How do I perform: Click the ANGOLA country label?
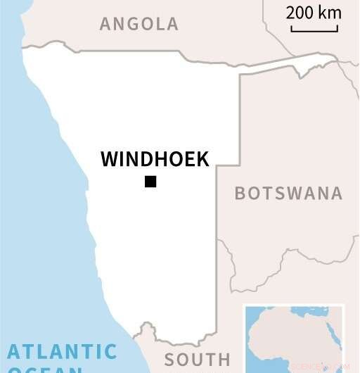click(x=139, y=24)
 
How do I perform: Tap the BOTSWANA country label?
click(x=288, y=194)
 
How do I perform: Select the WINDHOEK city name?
click(x=155, y=159)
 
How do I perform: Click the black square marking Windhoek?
click(x=150, y=182)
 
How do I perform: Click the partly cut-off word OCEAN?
click(x=45, y=369)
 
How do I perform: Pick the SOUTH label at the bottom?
click(x=198, y=360)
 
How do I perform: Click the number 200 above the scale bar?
click(x=300, y=13)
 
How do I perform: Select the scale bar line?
click(x=314, y=31)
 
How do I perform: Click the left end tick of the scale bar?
click(x=291, y=28)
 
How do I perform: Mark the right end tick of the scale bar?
click(x=337, y=28)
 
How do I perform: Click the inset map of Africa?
click(x=293, y=338)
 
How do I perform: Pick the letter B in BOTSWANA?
click(x=240, y=194)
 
